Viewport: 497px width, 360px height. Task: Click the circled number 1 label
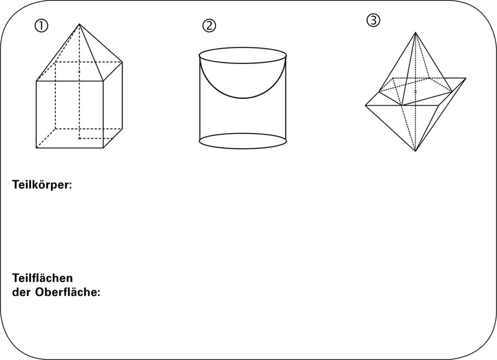coord(41,26)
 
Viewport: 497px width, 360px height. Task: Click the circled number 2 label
coord(209,25)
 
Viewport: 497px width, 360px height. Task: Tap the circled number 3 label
coord(373,20)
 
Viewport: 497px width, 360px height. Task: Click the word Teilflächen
coord(43,278)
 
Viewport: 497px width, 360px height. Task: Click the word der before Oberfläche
coord(21,292)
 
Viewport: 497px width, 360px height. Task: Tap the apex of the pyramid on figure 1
coord(79,24)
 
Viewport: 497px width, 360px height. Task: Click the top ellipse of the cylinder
coord(243,47)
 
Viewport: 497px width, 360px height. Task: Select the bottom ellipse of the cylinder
coord(243,149)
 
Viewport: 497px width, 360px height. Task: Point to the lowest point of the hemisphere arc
coord(243,98)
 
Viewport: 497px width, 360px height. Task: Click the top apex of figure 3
coord(415,33)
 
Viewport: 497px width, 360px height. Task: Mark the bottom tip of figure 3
coord(415,151)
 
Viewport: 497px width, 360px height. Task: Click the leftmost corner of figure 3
coord(366,105)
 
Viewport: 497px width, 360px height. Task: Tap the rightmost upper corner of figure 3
coord(466,78)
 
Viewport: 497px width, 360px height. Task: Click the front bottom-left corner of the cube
coord(36,147)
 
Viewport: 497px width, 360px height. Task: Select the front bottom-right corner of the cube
coord(103,147)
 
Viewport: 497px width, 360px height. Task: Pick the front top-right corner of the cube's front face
coord(103,81)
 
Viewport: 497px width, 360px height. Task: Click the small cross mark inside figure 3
coord(415,92)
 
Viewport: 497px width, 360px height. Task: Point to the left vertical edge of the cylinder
coord(200,98)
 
